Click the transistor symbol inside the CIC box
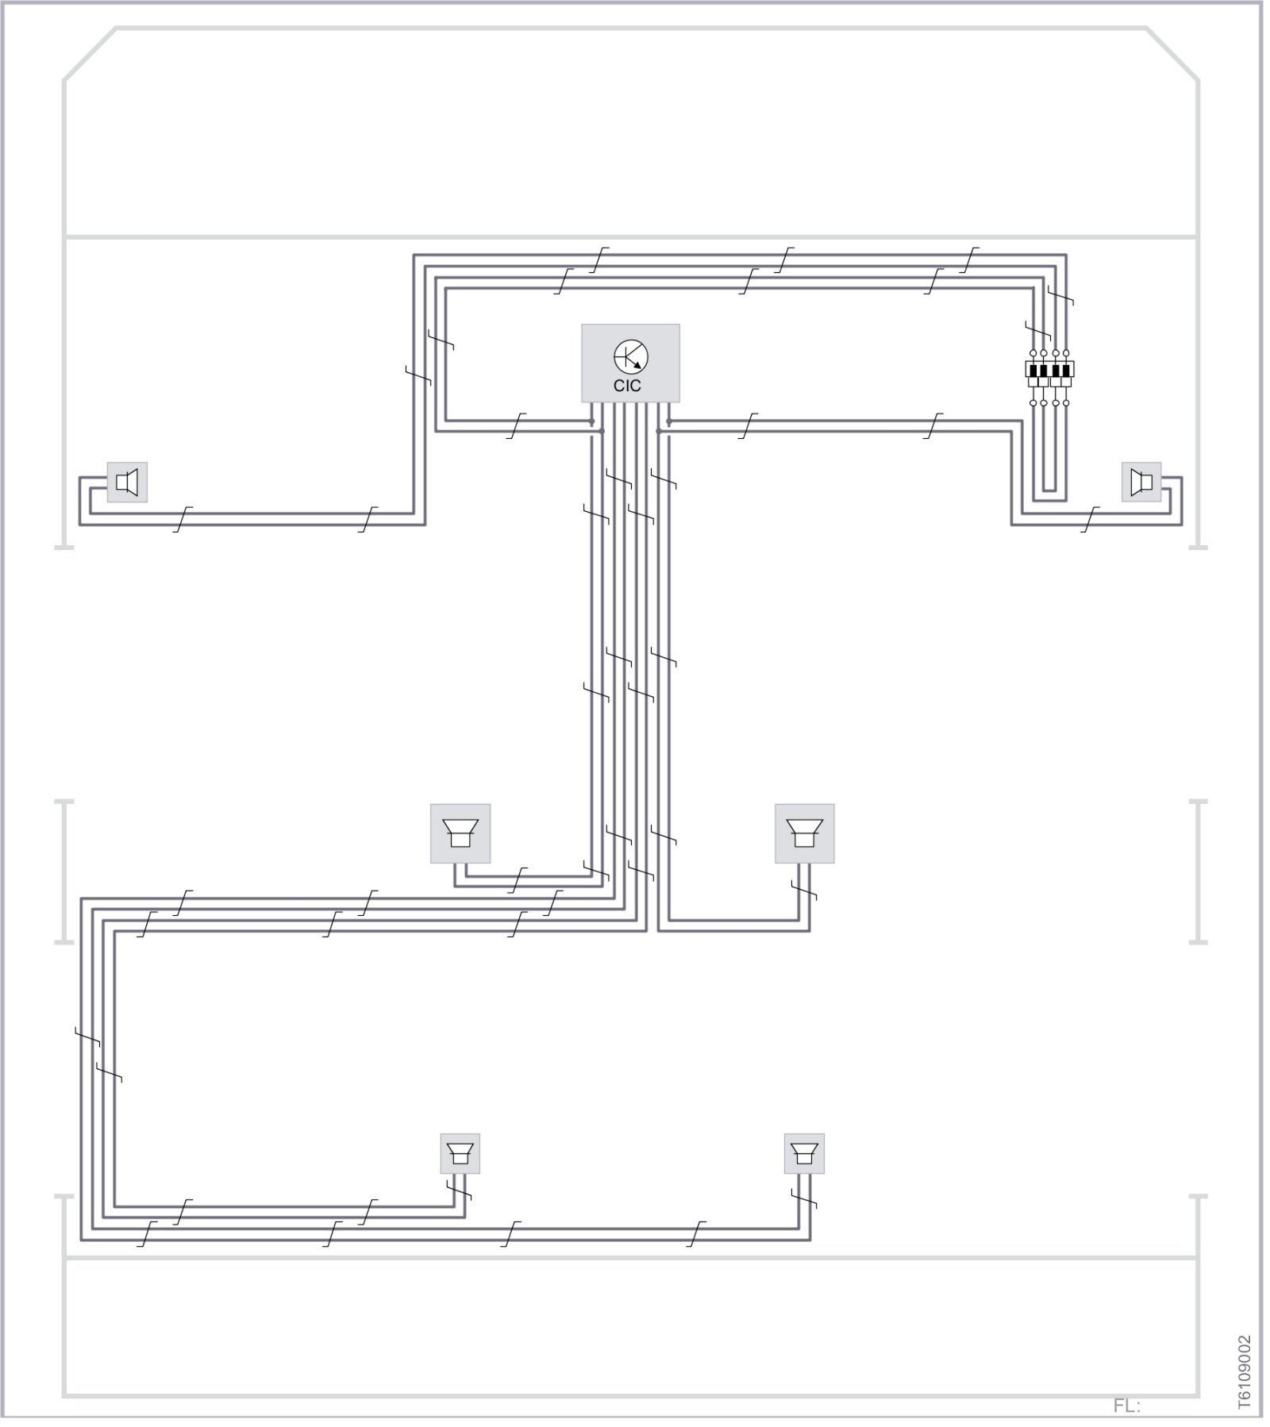click(630, 357)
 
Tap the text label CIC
click(627, 387)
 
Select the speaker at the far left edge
click(127, 482)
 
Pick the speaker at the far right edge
click(1141, 482)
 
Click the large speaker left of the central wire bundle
click(460, 833)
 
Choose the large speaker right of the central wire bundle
click(805, 833)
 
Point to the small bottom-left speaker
click(460, 1153)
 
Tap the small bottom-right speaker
click(805, 1153)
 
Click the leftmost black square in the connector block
click(1033, 370)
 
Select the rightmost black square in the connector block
click(1067, 370)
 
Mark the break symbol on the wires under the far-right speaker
click(1092, 519)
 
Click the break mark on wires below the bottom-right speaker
click(804, 1200)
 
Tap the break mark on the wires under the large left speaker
click(518, 880)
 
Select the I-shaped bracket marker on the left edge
click(64, 871)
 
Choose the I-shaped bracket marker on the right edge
click(1199, 871)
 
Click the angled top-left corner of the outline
click(90, 54)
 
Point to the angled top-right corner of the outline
click(1172, 54)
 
